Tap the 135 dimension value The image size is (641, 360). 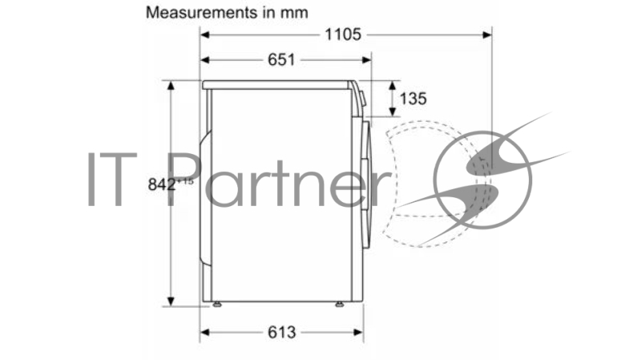coord(413,99)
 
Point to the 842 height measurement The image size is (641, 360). coord(163,184)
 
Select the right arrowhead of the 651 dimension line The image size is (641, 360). coord(367,59)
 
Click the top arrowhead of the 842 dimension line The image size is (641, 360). coord(171,84)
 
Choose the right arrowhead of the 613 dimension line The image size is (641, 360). coord(360,332)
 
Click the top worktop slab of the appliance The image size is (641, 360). coord(276,84)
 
